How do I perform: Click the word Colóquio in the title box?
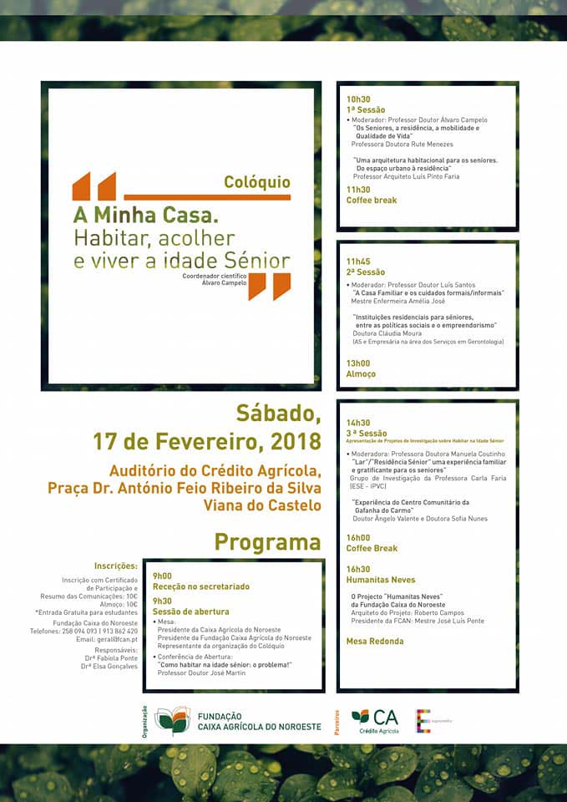point(257,182)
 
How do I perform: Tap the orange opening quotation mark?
point(94,185)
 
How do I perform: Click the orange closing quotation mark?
point(270,286)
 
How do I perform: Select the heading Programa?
point(267,541)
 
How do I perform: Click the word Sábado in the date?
point(278,414)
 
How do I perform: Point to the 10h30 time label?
point(358,99)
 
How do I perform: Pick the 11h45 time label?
point(358,261)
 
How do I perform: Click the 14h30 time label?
point(358,423)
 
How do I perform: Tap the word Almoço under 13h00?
point(361,374)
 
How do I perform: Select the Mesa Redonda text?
point(375,642)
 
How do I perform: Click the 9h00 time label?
point(162,576)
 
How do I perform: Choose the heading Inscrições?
point(115,566)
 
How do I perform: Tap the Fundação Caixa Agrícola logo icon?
point(172,720)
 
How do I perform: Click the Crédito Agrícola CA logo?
point(375,720)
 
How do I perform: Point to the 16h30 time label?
point(358,569)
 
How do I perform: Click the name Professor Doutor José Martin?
point(201,673)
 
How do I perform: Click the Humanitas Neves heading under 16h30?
point(381,580)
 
